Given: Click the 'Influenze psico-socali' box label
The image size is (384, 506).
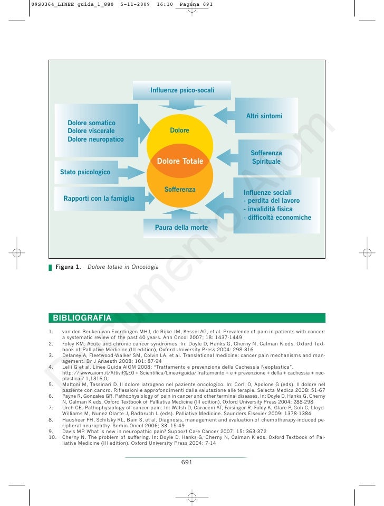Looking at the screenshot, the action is (x=182, y=90).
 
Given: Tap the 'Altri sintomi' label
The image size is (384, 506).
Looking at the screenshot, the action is (x=264, y=116).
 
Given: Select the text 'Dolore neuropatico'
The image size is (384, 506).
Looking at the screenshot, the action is (x=95, y=139).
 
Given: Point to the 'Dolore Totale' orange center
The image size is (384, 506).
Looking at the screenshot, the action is (x=180, y=161).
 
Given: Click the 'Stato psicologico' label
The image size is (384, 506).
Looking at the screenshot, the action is (x=85, y=172).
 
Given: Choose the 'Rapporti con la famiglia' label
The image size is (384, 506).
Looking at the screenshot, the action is (x=99, y=199).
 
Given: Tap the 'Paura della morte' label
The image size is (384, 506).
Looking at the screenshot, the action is (x=181, y=228).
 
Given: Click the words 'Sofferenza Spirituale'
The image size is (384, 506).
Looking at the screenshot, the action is (x=266, y=157).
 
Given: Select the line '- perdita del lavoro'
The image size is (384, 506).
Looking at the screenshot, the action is (x=271, y=201).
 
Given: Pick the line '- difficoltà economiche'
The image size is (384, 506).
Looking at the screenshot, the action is (x=277, y=218).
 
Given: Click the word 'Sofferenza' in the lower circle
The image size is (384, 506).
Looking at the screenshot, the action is (x=180, y=189).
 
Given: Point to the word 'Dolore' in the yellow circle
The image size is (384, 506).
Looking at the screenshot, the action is (x=179, y=130).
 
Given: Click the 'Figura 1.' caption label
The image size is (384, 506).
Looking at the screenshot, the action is (x=68, y=267).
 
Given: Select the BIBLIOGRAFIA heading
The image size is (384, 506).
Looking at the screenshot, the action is (x=82, y=318).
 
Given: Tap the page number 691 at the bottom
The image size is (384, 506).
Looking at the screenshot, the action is (x=187, y=462).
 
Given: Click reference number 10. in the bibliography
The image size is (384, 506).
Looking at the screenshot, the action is (x=52, y=437).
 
